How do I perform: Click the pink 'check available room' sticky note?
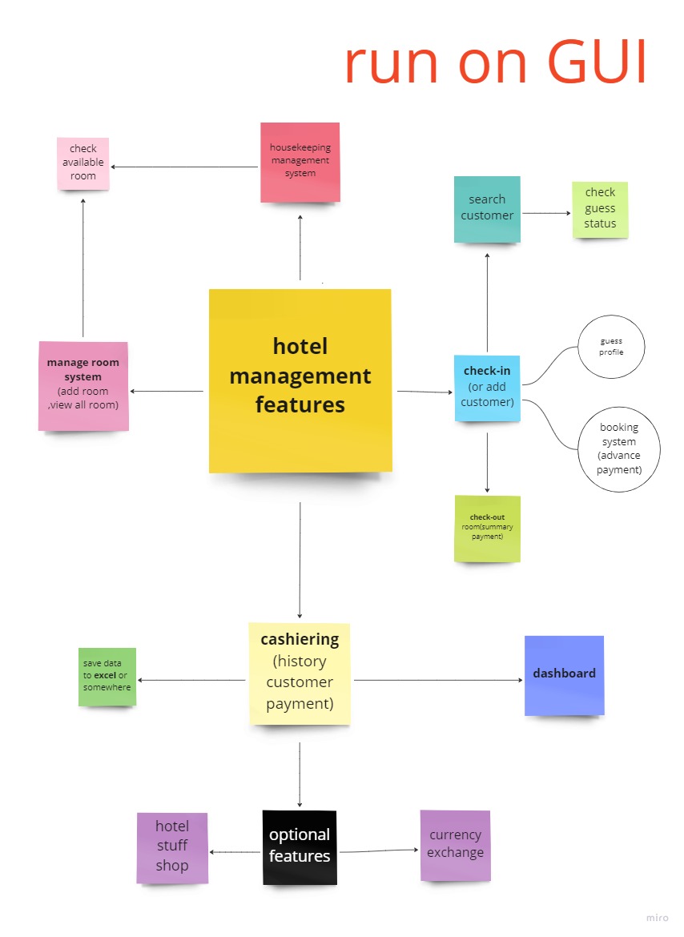coord(83,163)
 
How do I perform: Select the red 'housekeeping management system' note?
coord(300,162)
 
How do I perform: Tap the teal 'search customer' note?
coord(487,209)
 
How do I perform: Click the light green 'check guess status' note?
coord(600,209)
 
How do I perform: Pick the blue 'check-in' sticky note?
coord(487,388)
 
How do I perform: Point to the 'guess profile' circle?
coord(611,347)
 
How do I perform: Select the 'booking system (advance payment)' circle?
coord(618,449)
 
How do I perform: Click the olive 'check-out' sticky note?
coord(487,528)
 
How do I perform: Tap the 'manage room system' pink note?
coord(83,385)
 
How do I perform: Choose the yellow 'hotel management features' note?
coord(300,380)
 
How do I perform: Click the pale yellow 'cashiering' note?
coord(300,673)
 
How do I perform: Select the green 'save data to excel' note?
coord(107,677)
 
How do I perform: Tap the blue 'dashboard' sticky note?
coord(564,674)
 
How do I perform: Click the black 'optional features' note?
coord(300,847)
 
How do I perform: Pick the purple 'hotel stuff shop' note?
coord(172,847)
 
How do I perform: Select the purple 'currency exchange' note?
coord(455,845)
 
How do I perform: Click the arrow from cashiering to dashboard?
coord(438,681)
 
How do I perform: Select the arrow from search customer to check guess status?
coord(545,213)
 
